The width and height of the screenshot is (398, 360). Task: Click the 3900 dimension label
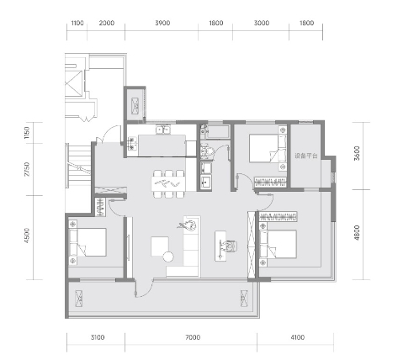coord(162,23)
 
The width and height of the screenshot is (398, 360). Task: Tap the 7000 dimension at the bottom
coord(193,337)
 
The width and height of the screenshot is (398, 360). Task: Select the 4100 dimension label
coord(297,337)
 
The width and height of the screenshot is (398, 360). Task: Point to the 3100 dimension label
coord(98,337)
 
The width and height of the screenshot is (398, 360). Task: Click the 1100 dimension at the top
coord(77,23)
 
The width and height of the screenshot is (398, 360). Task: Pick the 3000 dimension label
coord(262,23)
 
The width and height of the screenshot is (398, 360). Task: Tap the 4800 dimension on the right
coord(357,233)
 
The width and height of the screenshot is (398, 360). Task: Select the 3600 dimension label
coord(357,153)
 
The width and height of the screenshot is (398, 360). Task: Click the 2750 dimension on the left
coord(27,169)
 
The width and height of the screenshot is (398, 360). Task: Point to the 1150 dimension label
coord(27,133)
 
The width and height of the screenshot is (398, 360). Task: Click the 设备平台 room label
coord(306,156)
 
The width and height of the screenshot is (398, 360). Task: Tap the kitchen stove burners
coord(132,143)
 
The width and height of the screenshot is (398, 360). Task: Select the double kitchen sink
coord(163,130)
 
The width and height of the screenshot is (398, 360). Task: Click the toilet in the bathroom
coord(207,151)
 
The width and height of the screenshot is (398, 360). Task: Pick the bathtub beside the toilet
coord(218,132)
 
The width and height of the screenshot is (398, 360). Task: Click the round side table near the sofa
coord(168,257)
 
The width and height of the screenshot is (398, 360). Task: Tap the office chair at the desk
coord(231,246)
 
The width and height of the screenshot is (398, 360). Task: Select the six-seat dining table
coord(168,184)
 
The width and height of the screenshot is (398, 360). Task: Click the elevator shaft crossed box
coord(74,83)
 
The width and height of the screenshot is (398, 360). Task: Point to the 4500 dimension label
coord(27,236)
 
